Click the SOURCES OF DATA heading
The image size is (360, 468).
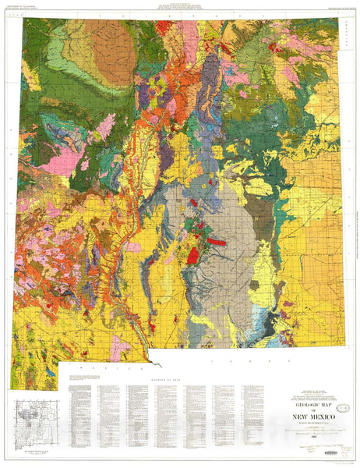point(164,376)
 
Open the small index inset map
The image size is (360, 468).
point(35,417)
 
